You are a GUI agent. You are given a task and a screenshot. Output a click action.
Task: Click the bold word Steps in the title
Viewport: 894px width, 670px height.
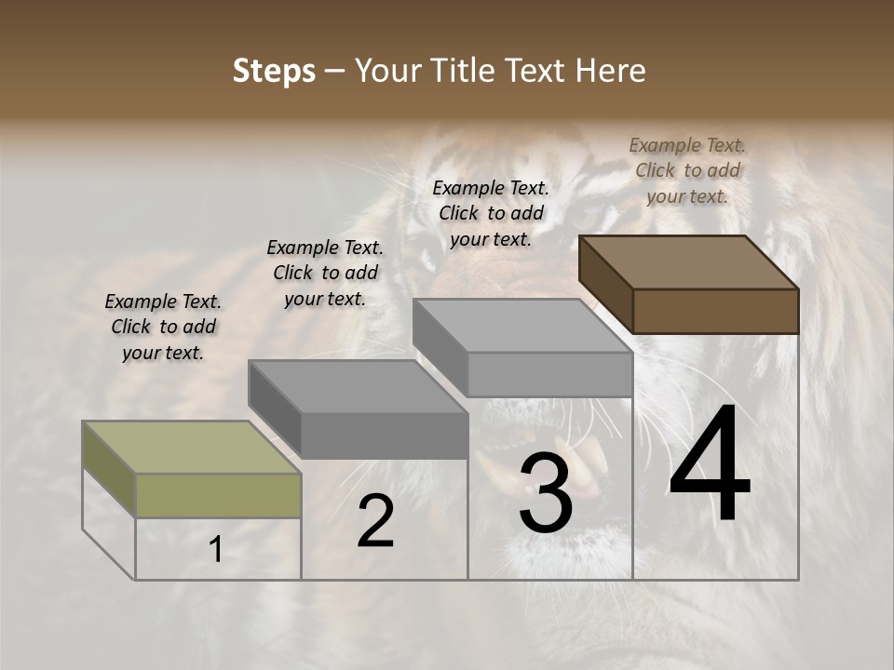pos(274,71)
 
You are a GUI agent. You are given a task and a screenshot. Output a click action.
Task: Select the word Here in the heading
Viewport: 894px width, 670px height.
pos(611,71)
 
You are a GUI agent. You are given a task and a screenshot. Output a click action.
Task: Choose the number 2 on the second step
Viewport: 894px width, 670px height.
pos(375,521)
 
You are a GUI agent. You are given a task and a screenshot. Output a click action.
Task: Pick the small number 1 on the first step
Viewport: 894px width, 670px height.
pos(216,550)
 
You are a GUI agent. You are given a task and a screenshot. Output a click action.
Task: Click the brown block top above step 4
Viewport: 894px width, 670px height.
pos(689,262)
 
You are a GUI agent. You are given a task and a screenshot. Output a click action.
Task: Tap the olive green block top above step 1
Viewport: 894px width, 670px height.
pos(192,448)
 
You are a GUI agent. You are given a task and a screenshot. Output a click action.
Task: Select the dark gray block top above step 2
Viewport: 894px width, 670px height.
pos(358,386)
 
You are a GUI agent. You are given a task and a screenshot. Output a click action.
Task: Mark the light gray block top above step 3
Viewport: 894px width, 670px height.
pos(522,326)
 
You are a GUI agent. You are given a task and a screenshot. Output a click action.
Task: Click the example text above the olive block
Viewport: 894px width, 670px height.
pos(163,327)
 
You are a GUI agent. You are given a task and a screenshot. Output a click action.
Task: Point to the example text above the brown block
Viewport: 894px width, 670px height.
pos(687,170)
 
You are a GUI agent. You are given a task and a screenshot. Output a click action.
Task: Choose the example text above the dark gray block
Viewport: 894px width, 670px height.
pos(325,273)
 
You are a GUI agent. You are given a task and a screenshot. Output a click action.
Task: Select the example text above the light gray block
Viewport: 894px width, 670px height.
pos(491,213)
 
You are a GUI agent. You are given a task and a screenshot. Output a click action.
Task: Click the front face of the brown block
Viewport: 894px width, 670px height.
pos(715,311)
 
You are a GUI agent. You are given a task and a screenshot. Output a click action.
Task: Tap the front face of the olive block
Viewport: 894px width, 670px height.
pos(218,495)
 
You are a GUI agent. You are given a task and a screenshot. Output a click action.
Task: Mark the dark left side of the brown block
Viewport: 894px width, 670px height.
pos(605,283)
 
